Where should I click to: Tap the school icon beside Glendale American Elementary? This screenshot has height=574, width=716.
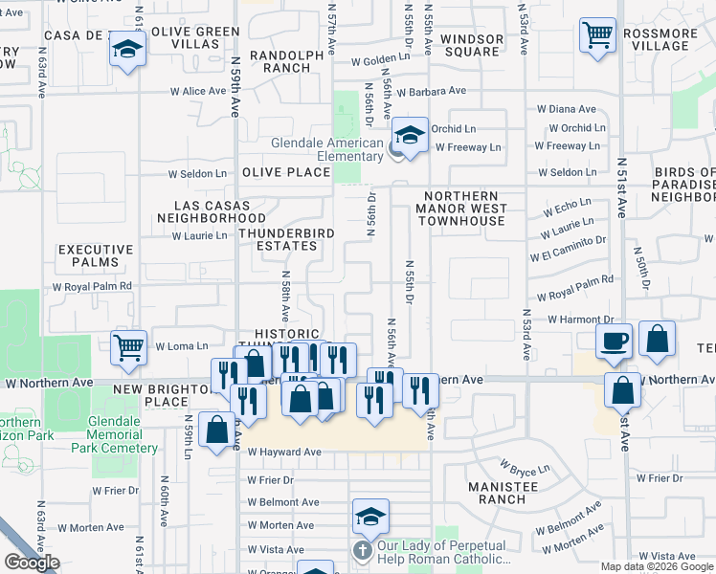click(410, 135)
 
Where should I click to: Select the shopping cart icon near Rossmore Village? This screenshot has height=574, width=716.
click(598, 36)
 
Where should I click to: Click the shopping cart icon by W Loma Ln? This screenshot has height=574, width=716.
click(128, 347)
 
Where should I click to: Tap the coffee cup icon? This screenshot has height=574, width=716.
click(614, 340)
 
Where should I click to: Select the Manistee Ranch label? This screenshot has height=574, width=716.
click(503, 492)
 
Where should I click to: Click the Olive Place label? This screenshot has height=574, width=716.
click(285, 172)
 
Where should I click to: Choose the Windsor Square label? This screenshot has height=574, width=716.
click(473, 46)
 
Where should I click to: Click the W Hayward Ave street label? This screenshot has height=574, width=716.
click(283, 453)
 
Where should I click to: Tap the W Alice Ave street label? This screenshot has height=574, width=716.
click(198, 92)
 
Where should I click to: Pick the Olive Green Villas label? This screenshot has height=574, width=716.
click(194, 37)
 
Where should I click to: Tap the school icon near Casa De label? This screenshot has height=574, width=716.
click(126, 51)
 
